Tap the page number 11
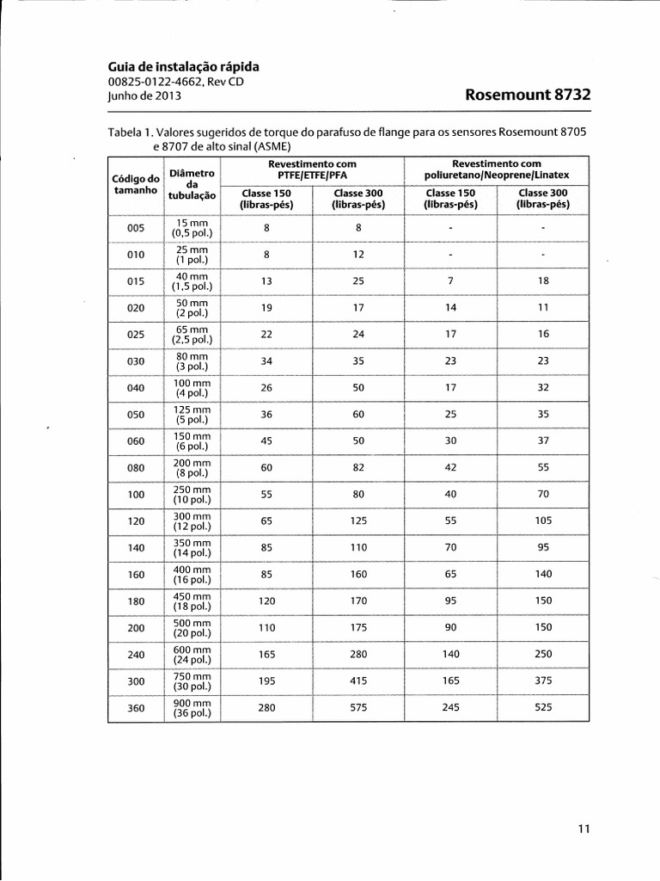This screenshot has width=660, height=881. [x=584, y=829]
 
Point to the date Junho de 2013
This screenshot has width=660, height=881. [x=144, y=96]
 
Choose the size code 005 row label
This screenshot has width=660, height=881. [x=136, y=228]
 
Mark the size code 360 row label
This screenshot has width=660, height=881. [x=136, y=707]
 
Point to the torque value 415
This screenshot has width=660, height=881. [x=358, y=681]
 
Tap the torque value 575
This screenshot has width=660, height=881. [x=358, y=707]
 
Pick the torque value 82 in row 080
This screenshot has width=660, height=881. [x=358, y=467]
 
